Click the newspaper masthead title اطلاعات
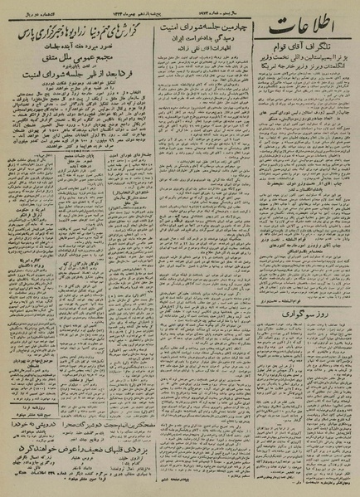(306, 36)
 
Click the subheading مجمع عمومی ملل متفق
(71, 61)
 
